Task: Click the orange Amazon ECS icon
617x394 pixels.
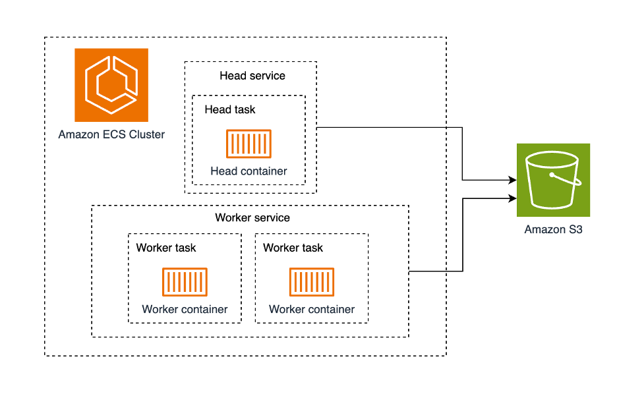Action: tap(111, 85)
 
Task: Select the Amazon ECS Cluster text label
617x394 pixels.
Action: tap(111, 135)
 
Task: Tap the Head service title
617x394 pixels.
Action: tap(252, 76)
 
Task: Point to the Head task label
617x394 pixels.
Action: tap(230, 109)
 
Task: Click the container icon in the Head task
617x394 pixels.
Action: tap(249, 144)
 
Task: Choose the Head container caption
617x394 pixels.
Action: tap(249, 171)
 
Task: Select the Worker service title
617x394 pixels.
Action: tap(252, 217)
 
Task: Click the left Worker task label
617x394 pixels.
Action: tap(166, 248)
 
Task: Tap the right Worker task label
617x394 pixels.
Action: tap(293, 248)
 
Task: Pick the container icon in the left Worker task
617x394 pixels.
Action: tap(185, 282)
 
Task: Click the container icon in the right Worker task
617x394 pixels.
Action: tap(312, 282)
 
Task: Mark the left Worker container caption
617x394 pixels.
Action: tap(185, 310)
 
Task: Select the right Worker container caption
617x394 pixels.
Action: tap(312, 310)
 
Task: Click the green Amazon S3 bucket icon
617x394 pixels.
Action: tap(553, 180)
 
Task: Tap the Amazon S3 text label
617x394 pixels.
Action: tap(553, 230)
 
